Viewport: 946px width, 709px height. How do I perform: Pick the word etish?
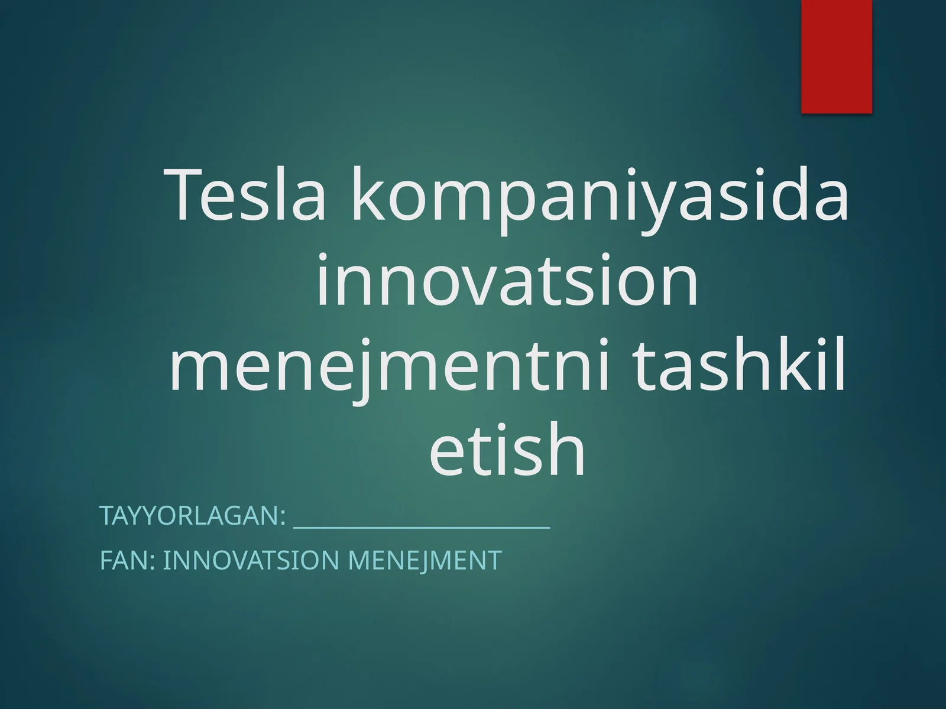pyautogui.click(x=507, y=450)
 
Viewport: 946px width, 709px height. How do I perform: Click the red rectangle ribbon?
pyautogui.click(x=837, y=56)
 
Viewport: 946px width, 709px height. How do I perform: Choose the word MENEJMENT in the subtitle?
pyautogui.click(x=425, y=560)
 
